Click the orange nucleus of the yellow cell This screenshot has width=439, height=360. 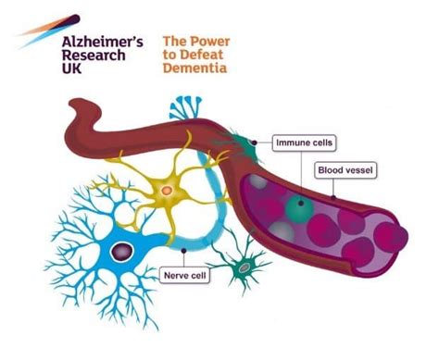(x=166, y=192)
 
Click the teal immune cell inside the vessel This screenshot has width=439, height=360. (x=298, y=207)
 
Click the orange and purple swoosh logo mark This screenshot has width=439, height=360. (x=42, y=33)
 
